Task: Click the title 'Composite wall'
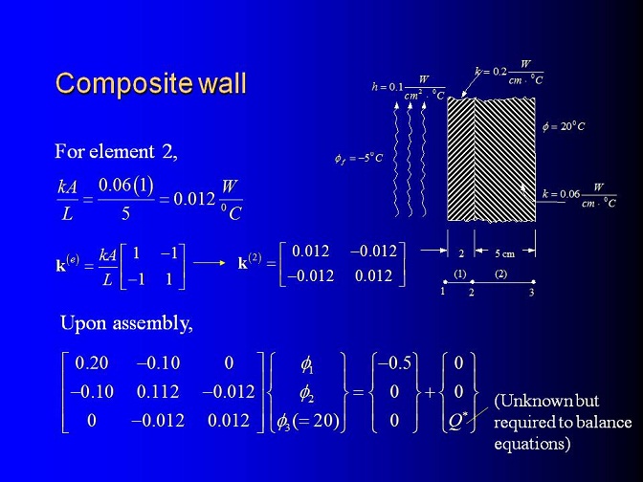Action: pos(151,83)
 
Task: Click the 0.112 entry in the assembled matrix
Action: pos(158,392)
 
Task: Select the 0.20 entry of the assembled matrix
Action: pos(92,362)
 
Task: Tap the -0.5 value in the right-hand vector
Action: pos(394,362)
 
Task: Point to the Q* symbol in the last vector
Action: pos(458,421)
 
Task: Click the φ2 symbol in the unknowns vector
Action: pos(307,393)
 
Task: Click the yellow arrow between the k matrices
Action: pos(210,263)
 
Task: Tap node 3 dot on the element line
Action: pos(533,282)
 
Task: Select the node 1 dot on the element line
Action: pos(445,282)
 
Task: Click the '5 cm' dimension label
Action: pos(504,253)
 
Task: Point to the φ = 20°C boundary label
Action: pos(564,126)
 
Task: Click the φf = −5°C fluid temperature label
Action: pos(359,158)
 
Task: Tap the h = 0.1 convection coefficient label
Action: pos(409,87)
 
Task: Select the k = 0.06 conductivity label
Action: pos(579,195)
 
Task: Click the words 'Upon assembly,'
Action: pos(126,324)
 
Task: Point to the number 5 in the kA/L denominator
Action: pos(125,213)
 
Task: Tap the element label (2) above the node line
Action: pos(501,274)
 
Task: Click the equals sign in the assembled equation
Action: pos(358,393)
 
